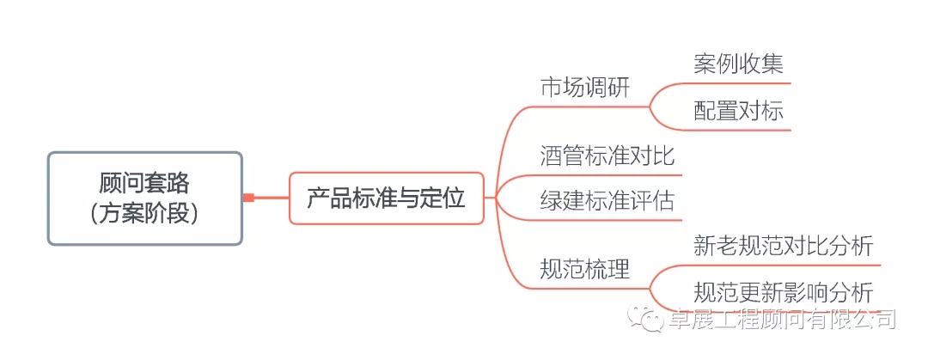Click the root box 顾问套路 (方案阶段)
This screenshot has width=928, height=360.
click(x=145, y=198)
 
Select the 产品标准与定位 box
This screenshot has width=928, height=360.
click(x=387, y=198)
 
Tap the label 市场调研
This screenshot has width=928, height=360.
click(x=585, y=88)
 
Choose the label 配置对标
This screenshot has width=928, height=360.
click(x=739, y=112)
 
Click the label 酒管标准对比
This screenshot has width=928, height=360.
click(x=607, y=157)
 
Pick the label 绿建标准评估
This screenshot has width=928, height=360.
click(x=607, y=201)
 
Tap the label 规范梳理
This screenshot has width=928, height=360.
click(x=585, y=271)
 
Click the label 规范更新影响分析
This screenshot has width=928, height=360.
click(x=784, y=293)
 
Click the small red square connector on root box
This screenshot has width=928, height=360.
click(x=248, y=198)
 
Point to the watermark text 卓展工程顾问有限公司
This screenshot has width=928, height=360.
click(x=782, y=320)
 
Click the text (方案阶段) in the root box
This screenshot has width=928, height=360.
click(x=145, y=214)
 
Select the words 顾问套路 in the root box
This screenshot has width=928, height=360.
click(x=145, y=184)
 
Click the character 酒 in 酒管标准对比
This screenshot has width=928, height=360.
click(x=552, y=157)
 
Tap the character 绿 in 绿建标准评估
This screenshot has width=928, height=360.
click(x=552, y=201)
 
